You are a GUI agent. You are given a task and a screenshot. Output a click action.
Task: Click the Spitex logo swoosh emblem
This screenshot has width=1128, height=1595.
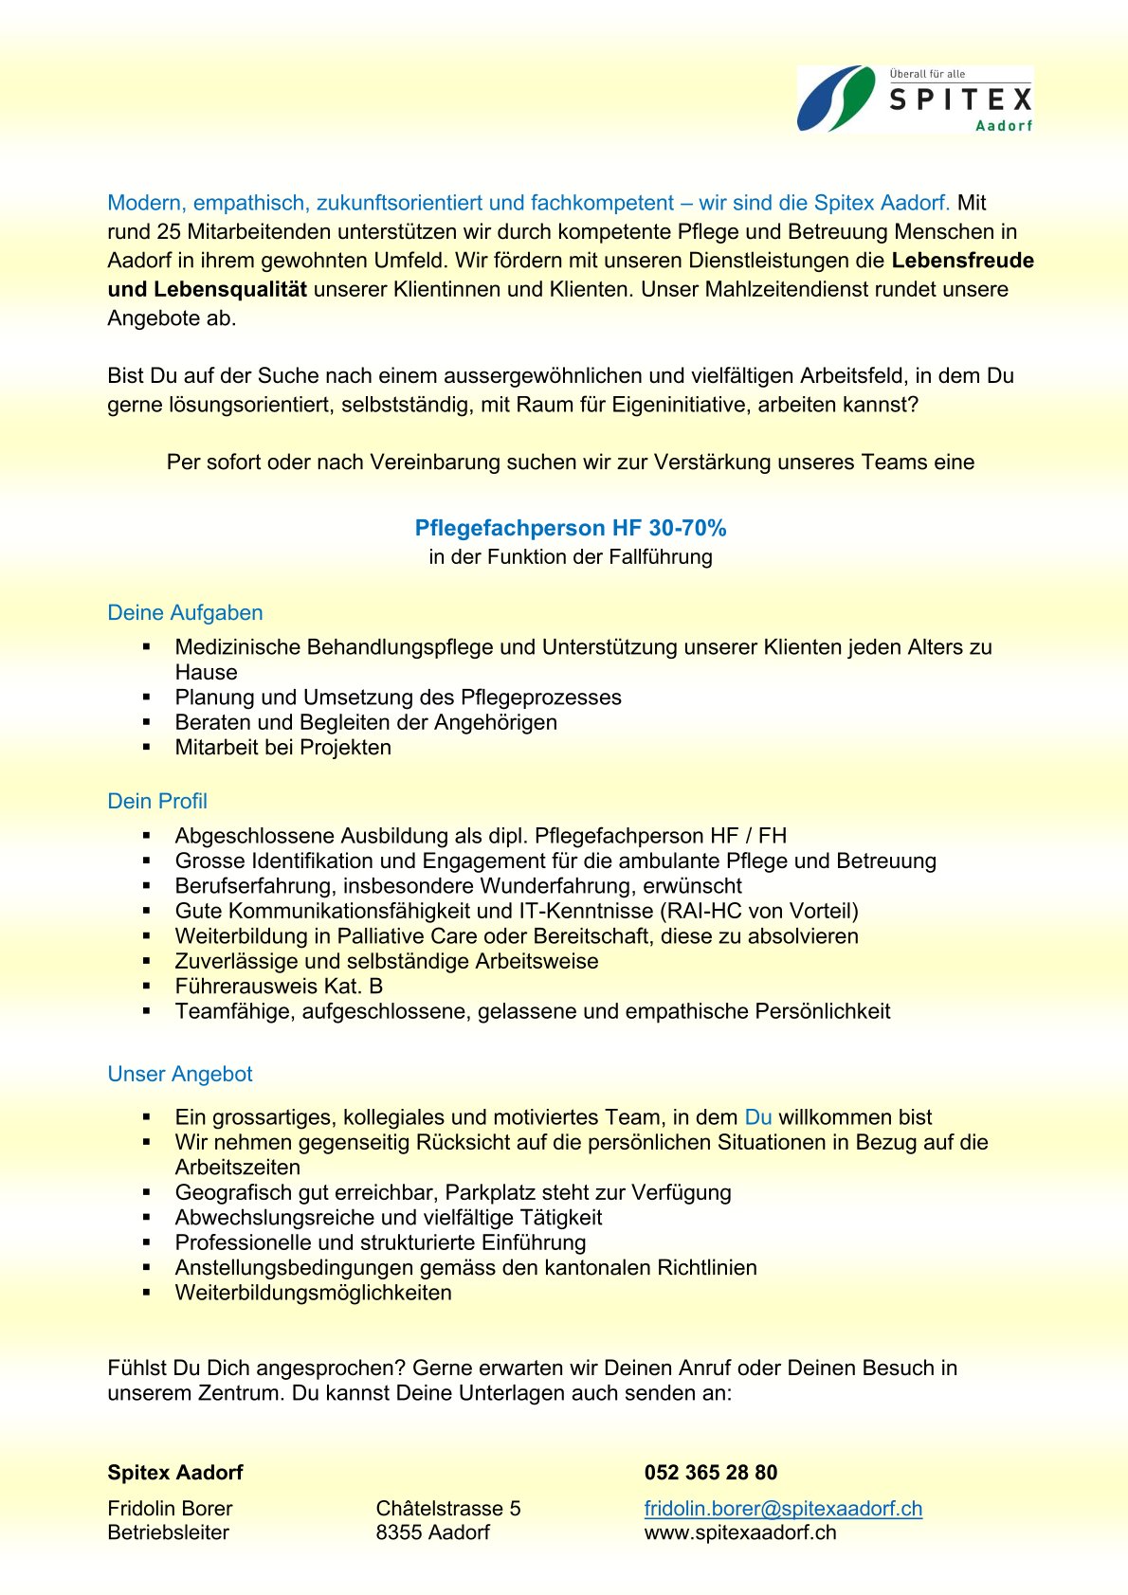pos(836,99)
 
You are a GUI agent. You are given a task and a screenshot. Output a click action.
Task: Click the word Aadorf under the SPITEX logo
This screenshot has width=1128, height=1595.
pos(1004,126)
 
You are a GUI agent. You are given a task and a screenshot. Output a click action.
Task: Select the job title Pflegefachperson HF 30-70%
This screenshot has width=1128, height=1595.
pos(571,528)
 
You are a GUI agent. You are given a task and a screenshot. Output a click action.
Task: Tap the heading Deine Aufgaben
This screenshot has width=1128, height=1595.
pos(185,612)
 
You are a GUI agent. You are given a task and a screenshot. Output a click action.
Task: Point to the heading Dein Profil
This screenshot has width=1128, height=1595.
pos(157,801)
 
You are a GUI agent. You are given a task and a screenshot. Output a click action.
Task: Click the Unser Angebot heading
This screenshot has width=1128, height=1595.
pos(180,1074)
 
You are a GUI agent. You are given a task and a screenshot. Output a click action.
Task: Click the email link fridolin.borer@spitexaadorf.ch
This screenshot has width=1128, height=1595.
pos(783,1508)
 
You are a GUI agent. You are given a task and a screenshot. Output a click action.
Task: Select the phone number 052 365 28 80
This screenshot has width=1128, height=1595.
pos(711,1472)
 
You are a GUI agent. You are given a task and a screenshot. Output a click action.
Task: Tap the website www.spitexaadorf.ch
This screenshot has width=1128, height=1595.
pos(740,1532)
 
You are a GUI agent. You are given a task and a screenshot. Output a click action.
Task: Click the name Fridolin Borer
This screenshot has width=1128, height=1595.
pos(170,1508)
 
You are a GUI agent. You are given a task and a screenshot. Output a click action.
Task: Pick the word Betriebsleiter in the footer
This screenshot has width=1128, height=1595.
pos(168,1532)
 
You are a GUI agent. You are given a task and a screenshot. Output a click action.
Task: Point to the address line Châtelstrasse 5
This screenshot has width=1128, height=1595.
pos(448,1508)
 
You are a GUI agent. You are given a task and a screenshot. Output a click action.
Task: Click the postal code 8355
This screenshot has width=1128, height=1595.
pos(398,1532)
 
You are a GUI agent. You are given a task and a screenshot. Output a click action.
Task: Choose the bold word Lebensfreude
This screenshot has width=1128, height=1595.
pos(962,261)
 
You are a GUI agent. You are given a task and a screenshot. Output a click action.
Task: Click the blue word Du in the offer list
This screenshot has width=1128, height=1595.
pos(758,1117)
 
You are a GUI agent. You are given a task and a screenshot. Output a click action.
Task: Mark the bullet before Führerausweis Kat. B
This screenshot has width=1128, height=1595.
pos(147,987)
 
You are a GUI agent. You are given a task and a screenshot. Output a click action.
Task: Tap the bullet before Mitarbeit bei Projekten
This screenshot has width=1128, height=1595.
pos(147,747)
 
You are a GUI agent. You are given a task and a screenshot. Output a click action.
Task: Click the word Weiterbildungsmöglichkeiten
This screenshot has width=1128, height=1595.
pos(314,1293)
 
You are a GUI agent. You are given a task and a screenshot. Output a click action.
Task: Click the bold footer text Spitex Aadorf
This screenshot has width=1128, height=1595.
pos(175,1472)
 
